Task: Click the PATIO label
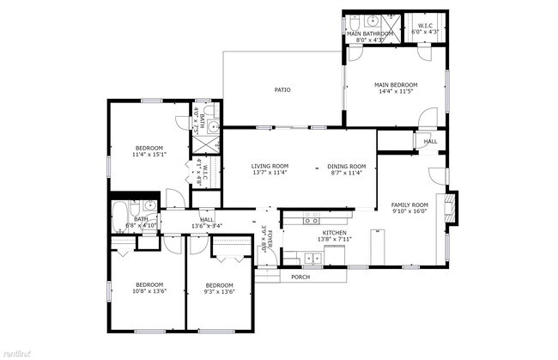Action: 282,89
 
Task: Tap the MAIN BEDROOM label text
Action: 396,85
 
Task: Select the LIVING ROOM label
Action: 270,166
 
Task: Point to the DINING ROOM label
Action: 347,166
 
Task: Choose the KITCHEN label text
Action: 334,233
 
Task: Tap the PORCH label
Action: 300,277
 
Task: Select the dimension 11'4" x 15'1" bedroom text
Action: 149,156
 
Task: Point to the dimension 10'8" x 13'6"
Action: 149,291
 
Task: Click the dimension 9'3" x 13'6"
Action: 219,291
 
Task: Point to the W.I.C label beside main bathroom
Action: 425,27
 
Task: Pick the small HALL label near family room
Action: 430,142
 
